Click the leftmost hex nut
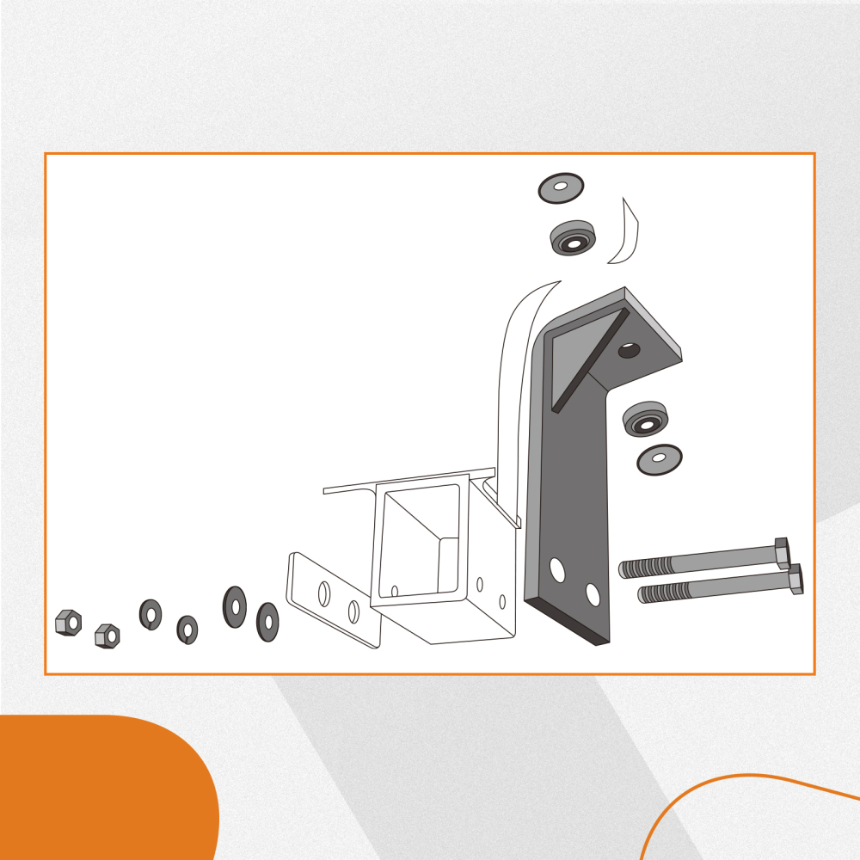67,622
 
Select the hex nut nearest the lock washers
107,636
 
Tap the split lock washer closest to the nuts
151,612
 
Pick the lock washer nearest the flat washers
187,629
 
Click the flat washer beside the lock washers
235,606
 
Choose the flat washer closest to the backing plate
267,621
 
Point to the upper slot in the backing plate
325,593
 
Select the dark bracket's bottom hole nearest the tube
557,569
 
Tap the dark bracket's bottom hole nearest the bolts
593,593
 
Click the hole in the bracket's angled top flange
629,350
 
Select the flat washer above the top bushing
561,187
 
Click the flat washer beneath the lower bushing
660,459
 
